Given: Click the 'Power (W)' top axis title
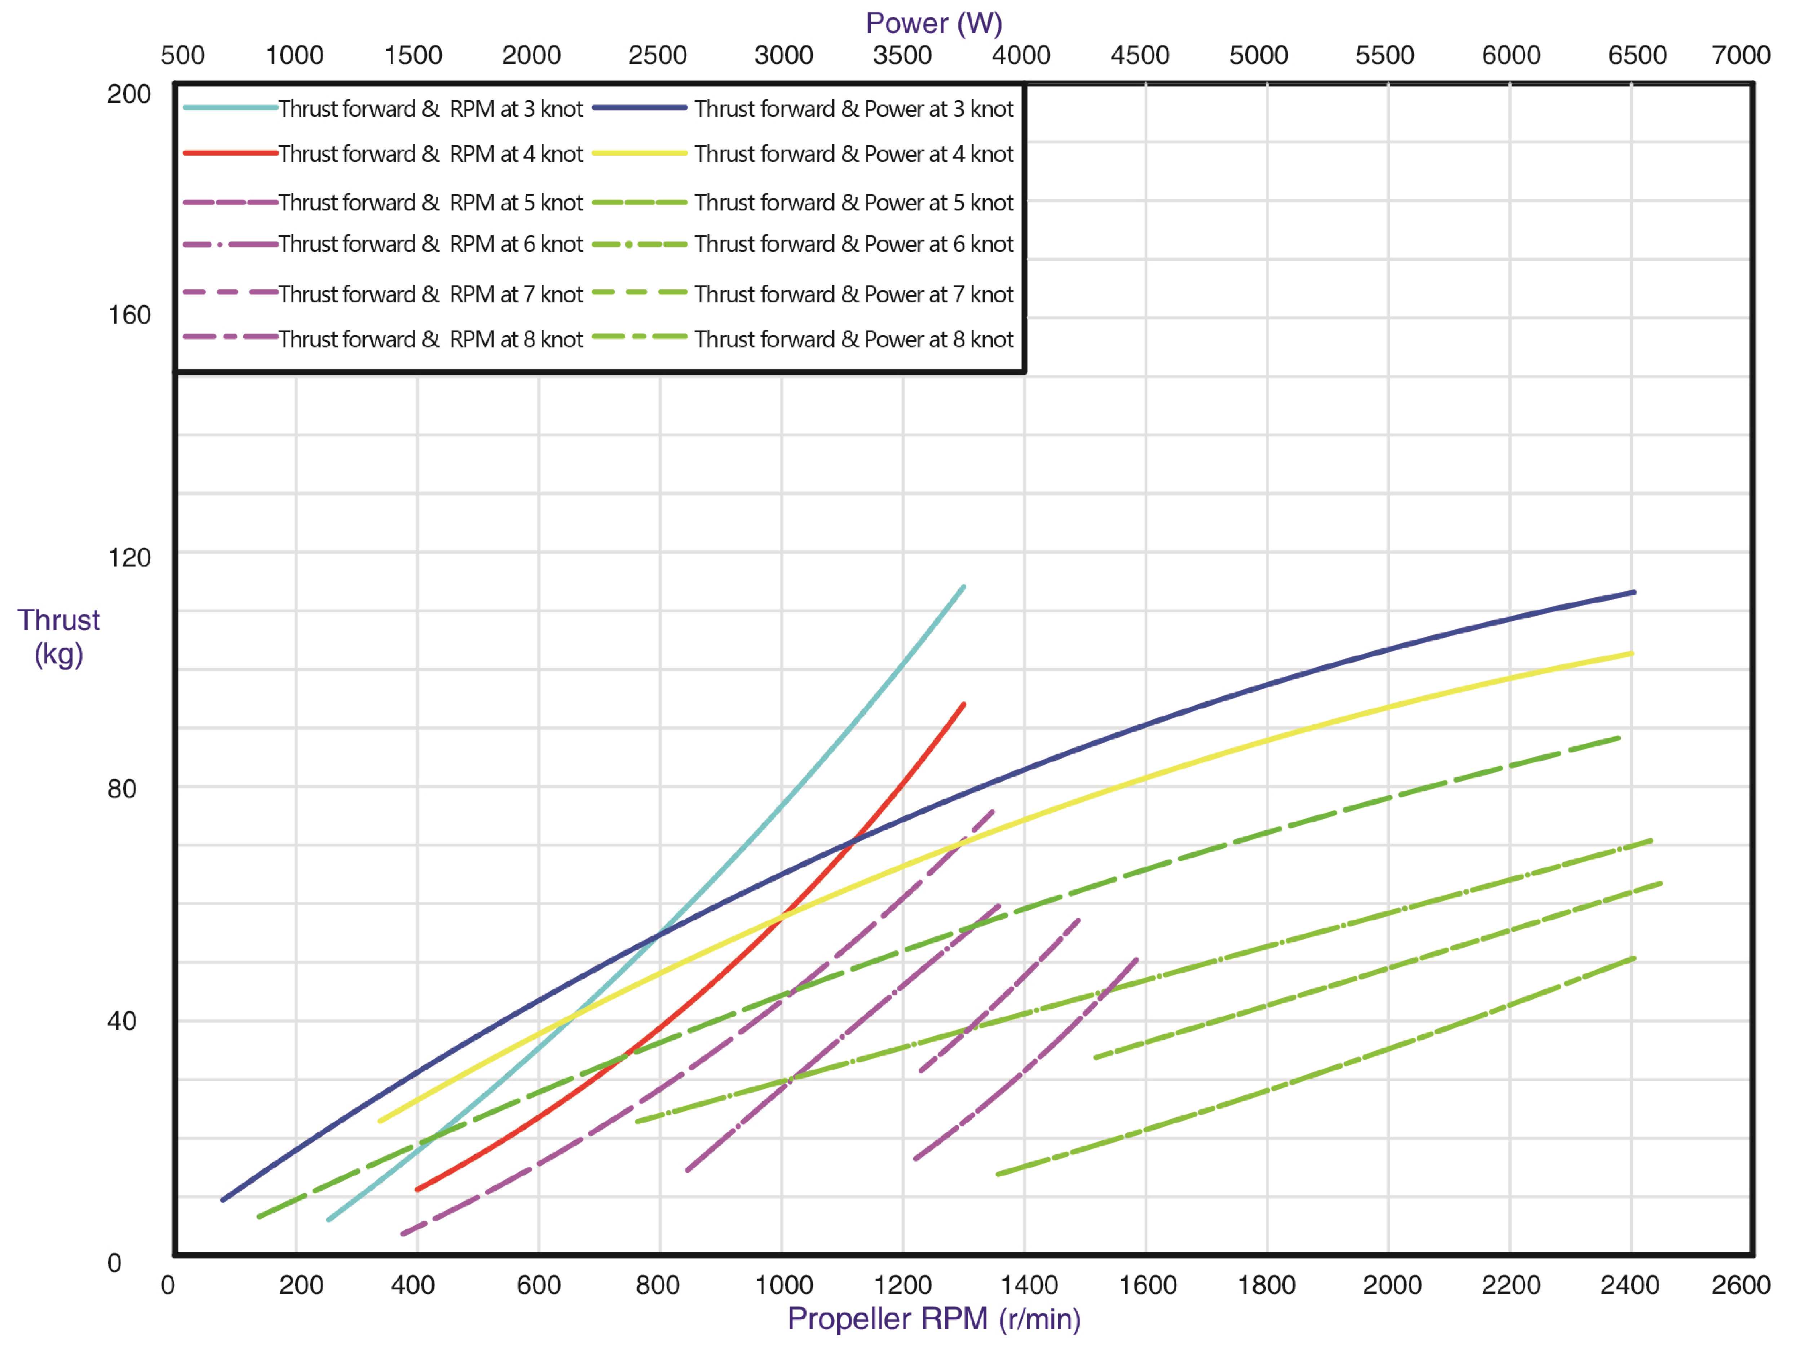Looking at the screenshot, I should pos(933,23).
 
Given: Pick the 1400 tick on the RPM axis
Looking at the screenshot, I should pos(1029,1285).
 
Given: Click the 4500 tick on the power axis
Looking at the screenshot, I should pos(1140,55).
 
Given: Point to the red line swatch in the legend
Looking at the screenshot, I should pos(231,152).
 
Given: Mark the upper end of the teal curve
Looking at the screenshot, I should pos(964,587).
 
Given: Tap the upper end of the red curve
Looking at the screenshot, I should pos(964,704).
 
